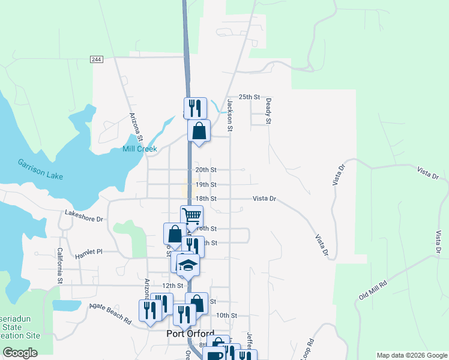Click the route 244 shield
pyautogui.click(x=97, y=59)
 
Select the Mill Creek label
pyautogui.click(x=139, y=149)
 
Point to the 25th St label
pyautogui.click(x=249, y=97)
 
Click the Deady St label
pyautogui.click(x=268, y=112)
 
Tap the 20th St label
pyautogui.click(x=205, y=170)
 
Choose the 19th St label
pyautogui.click(x=205, y=185)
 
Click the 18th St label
pyautogui.click(x=205, y=199)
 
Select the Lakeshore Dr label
pyautogui.click(x=84, y=215)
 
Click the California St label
pyautogui.click(x=60, y=266)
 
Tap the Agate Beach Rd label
pyautogui.click(x=111, y=313)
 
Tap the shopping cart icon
pyautogui.click(x=191, y=216)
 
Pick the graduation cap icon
pyautogui.click(x=188, y=265)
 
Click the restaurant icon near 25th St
pyautogui.click(x=195, y=108)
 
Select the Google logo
pyautogui.click(x=19, y=353)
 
